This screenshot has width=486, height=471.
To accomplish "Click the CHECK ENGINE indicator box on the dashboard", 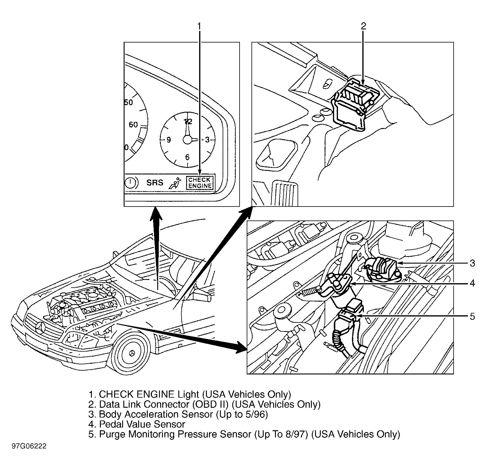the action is coord(200,182).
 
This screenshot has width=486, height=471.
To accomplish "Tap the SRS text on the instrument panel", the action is coord(155,182).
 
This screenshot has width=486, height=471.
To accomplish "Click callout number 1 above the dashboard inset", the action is coord(199,26).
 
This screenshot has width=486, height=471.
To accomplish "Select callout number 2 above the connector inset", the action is coord(363,26).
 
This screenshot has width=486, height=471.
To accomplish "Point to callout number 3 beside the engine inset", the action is coord(473,263).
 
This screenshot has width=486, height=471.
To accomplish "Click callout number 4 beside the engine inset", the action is coord(473,283).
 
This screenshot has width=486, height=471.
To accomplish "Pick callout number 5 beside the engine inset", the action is coord(473,317).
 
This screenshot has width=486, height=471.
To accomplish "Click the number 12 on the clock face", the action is coord(188,121).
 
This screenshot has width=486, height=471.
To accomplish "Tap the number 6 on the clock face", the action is coord(187,157).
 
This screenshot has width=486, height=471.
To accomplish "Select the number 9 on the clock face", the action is coord(169,140).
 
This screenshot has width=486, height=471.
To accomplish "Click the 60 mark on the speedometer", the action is coord(133,125).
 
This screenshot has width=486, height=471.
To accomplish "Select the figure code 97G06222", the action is coord(29,446).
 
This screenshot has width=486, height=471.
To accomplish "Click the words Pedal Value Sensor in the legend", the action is coord(142,424).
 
